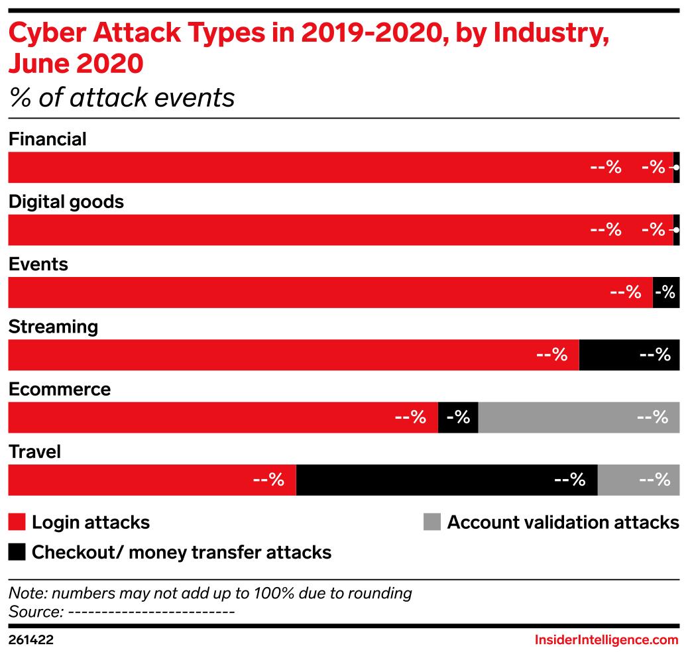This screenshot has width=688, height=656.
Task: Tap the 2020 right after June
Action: [x=110, y=65]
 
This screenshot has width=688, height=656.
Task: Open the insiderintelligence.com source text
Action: [x=606, y=640]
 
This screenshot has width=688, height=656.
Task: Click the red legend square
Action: [x=17, y=522]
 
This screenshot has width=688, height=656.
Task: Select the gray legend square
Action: [x=432, y=522]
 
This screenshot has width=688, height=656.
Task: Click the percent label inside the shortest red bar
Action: [x=268, y=480]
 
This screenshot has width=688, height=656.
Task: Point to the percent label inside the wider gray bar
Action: [x=652, y=417]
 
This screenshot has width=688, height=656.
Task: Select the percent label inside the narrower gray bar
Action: [x=655, y=480]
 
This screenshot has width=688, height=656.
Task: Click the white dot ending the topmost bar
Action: [x=675, y=168]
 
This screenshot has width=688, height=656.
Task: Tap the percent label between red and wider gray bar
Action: [x=458, y=417]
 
